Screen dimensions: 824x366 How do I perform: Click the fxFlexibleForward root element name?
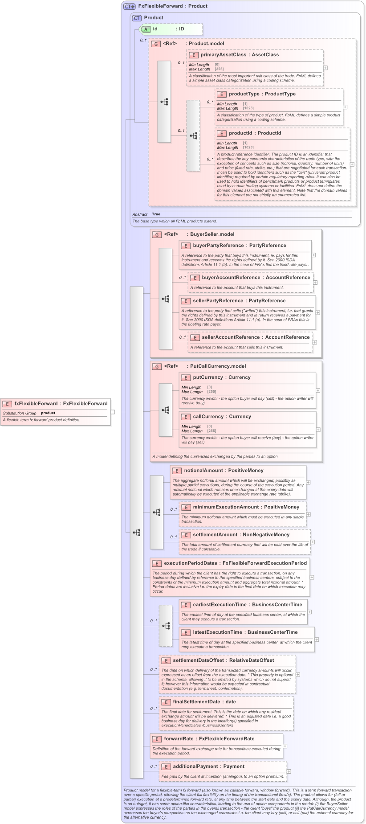36,404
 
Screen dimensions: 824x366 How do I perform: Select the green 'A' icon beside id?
146,29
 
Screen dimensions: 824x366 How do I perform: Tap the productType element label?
244,94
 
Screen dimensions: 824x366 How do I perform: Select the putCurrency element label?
207,377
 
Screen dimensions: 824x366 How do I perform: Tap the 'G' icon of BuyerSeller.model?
156,235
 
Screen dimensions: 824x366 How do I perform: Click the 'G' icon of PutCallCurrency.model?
156,367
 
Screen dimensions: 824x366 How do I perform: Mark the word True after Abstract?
156,214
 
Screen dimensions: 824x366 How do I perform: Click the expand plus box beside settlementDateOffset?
298,674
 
